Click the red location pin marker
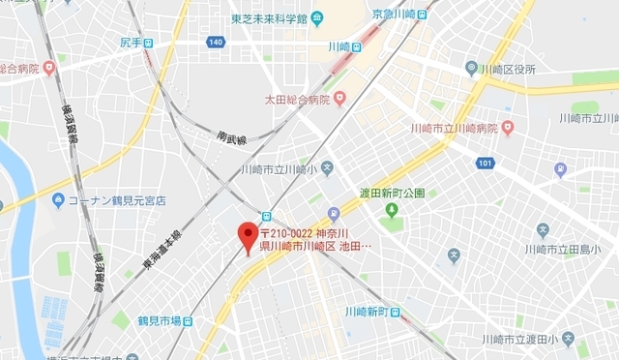tap(248, 235)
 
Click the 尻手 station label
tap(132, 44)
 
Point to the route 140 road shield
tap(215, 43)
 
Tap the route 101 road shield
tap(485, 162)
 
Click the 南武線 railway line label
tap(232, 140)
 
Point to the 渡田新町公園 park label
tap(392, 192)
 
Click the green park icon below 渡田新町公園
tap(392, 210)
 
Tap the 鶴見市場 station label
tap(159, 321)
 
